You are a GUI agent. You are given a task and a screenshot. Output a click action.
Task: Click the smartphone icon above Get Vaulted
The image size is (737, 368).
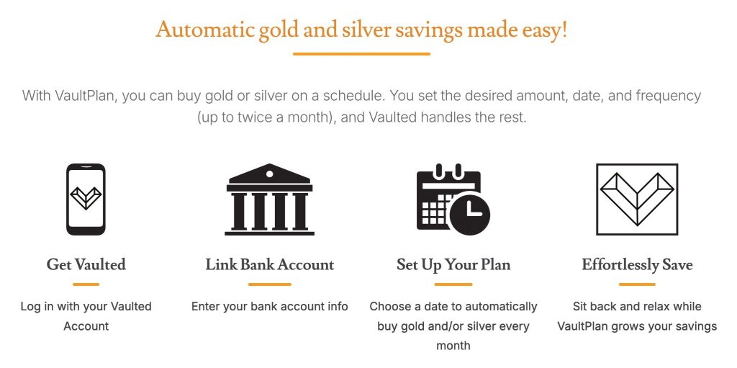coord(86,199)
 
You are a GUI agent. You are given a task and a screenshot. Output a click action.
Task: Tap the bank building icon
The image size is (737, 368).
coord(269,199)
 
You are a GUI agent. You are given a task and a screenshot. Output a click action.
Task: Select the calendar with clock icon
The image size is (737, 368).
coord(453,199)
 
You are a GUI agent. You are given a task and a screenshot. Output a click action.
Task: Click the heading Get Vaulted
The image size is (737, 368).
coord(86,264)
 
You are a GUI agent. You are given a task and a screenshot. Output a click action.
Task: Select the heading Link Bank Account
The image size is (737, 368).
coord(270,264)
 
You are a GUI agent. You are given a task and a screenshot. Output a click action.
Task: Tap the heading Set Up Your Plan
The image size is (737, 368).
coord(453,265)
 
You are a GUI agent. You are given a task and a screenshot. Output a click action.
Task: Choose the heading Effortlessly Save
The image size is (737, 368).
coord(638,265)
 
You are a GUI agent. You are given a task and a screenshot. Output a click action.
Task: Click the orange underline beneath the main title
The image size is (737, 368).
coord(361,54)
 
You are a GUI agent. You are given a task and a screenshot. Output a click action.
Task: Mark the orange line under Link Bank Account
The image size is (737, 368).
coord(270,284)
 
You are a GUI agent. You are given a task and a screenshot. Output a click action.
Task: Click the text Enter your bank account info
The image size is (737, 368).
coord(270,307)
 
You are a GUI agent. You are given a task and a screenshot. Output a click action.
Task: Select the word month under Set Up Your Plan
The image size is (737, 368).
coord(453,346)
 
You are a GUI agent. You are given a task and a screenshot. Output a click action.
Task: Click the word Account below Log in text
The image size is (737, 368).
coord(86,326)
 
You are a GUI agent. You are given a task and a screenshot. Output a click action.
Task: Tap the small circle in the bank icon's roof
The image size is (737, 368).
coord(269,174)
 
